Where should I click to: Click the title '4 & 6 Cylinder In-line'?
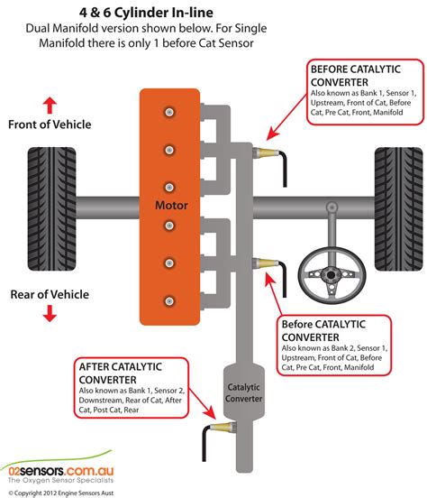click(213, 11)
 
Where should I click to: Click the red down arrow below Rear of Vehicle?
click(50, 313)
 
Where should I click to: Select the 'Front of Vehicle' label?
click(50, 125)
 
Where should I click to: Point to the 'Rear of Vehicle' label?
click(50, 293)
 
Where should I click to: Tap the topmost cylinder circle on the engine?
click(167, 112)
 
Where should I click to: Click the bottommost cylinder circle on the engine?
click(167, 299)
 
